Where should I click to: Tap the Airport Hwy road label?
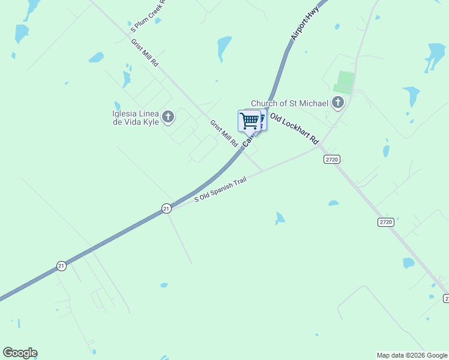(x=304, y=26)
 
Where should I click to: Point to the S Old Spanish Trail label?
(x=220, y=189)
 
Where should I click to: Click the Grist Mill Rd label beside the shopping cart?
(x=223, y=133)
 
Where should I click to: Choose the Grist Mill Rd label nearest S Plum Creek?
(x=145, y=52)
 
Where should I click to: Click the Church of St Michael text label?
(x=289, y=103)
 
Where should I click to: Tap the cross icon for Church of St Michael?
(x=338, y=103)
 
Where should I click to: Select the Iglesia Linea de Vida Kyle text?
(x=136, y=118)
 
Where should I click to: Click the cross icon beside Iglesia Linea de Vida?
(x=168, y=116)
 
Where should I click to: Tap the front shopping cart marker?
(x=249, y=120)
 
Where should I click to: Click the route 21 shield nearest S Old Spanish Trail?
(x=166, y=208)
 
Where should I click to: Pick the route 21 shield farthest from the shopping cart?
(x=61, y=265)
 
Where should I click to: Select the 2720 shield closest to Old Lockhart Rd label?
(x=331, y=159)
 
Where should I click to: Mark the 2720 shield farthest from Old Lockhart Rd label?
(x=385, y=222)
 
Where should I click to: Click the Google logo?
(x=20, y=353)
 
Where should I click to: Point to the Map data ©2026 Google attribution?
(x=412, y=355)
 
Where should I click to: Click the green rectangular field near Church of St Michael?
(x=345, y=82)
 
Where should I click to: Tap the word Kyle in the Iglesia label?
(x=151, y=122)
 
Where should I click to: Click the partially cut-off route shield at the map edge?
(x=446, y=298)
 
